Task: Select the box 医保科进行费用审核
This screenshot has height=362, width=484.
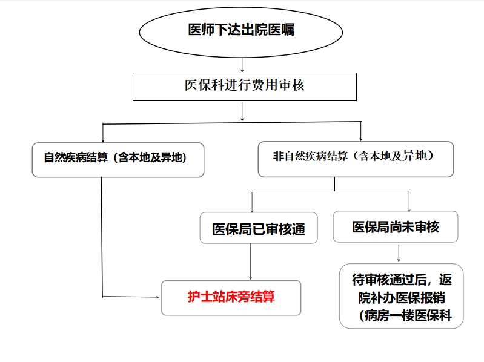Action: click(245, 87)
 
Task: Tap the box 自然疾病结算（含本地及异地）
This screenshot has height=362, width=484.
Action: click(118, 160)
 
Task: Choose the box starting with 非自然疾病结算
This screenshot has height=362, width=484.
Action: click(356, 159)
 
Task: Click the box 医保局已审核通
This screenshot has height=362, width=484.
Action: click(259, 228)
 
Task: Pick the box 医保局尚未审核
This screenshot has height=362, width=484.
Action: click(396, 226)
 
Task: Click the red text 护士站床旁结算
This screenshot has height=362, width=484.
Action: click(231, 297)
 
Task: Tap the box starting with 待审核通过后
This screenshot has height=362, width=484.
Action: click(401, 296)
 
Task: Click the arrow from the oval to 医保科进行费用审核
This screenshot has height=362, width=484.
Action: click(242, 65)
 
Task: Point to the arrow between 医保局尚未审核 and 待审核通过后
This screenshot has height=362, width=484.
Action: click(399, 253)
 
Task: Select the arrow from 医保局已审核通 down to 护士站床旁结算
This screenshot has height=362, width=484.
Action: click(250, 262)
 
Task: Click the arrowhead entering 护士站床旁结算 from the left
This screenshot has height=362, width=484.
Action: click(157, 297)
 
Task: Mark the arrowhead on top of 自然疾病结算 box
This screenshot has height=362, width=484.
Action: click(103, 140)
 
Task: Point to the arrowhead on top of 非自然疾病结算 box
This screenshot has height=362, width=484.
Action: click(360, 139)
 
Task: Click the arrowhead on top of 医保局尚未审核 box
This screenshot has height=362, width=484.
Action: click(409, 209)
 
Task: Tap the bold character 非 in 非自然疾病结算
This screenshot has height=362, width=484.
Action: click(279, 156)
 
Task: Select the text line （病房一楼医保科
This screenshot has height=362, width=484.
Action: click(405, 316)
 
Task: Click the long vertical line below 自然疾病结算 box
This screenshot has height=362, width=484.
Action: click(102, 237)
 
